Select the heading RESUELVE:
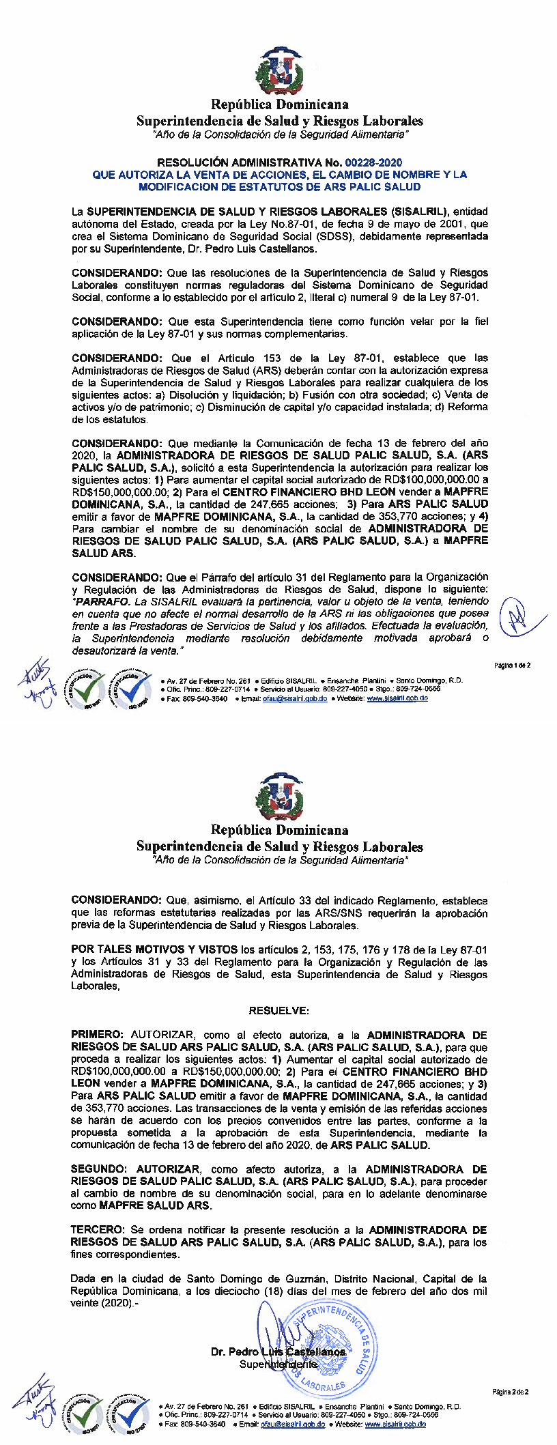(x=279, y=1010)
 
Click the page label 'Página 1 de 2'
(x=512, y=665)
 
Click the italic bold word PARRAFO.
(x=102, y=601)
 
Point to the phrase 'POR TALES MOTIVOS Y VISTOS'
(x=154, y=949)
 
